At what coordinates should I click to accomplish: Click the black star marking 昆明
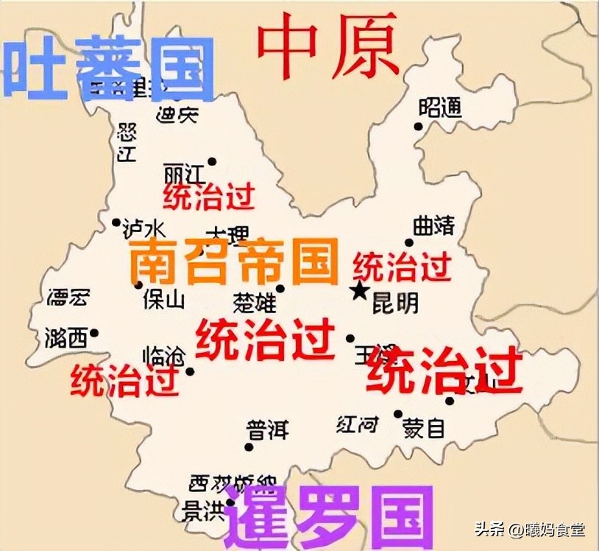[x=360, y=291]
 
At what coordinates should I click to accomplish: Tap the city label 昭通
[x=440, y=108]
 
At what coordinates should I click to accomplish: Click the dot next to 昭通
[x=419, y=126]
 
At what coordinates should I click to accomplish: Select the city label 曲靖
[x=433, y=226]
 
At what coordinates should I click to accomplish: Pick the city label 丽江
[x=183, y=174]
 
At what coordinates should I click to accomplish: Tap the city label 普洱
[x=267, y=429]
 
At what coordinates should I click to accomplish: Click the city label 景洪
[x=203, y=511]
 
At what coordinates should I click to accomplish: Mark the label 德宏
[x=68, y=298]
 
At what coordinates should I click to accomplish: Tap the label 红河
[x=358, y=424]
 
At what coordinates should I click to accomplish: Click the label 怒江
[x=127, y=142]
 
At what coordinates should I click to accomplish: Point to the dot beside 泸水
[x=116, y=222]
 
